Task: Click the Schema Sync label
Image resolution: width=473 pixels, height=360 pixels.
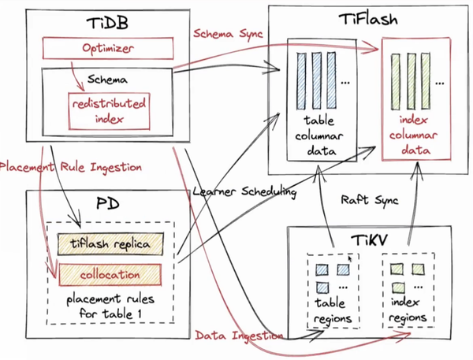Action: pyautogui.click(x=229, y=33)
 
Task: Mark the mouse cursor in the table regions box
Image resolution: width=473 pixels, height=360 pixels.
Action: pyautogui.click(x=351, y=258)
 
